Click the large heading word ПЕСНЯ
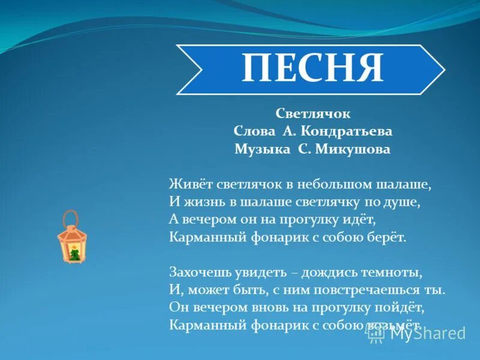[312, 68]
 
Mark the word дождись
[329, 272]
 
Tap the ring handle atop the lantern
[71, 217]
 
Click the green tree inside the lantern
[74, 253]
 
